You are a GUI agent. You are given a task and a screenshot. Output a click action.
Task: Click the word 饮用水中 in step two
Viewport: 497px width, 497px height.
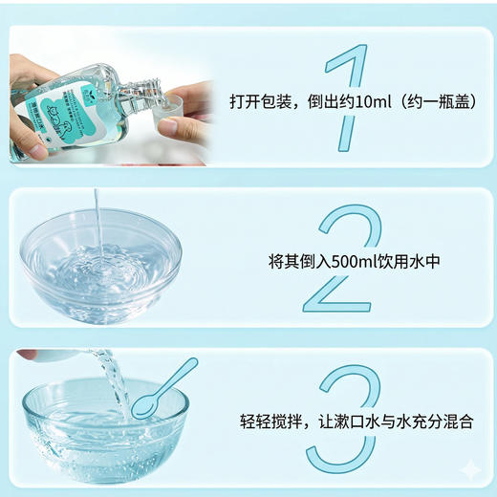click(x=409, y=259)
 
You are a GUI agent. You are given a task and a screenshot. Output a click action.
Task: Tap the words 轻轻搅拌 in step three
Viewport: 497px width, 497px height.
click(x=270, y=421)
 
